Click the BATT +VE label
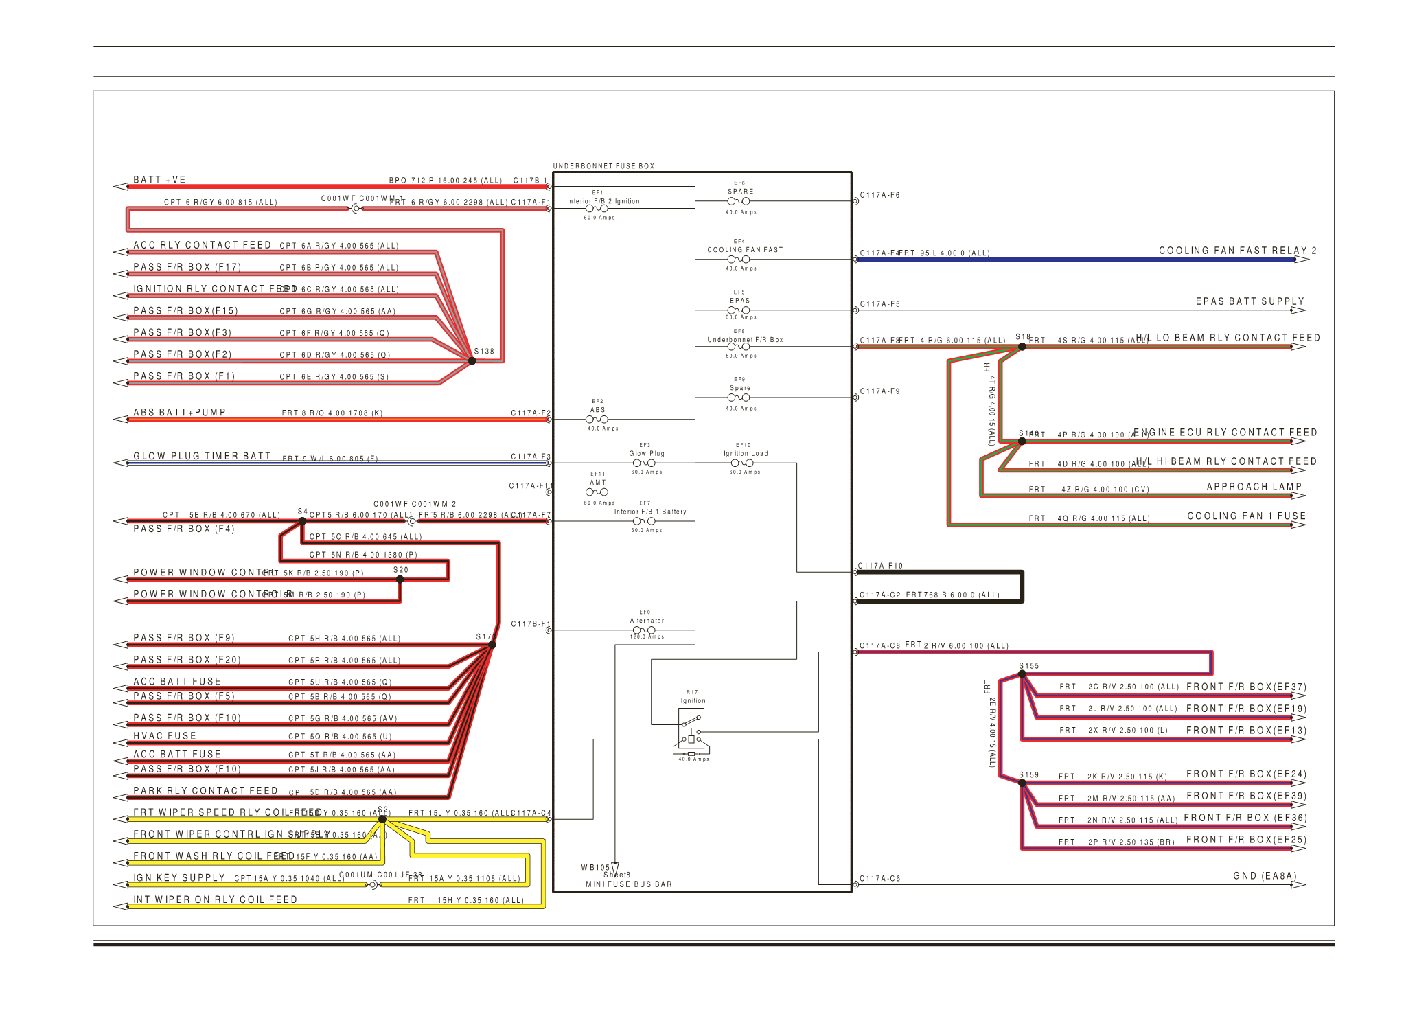pos(159,180)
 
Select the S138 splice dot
pos(472,360)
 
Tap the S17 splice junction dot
pos(492,645)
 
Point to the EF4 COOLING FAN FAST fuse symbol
pos(739,260)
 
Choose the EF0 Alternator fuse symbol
pos(644,630)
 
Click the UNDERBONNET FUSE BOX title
pos(603,166)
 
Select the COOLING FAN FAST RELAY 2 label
pos(1237,251)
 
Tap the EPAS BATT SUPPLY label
pos(1249,301)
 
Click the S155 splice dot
pos(1022,674)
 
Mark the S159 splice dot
pos(1022,783)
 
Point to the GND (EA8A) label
pos(1265,876)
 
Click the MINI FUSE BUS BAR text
pos(628,884)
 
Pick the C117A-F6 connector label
pos(879,195)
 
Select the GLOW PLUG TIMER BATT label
pos(202,456)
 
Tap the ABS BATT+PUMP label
pos(179,413)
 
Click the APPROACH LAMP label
pos(1254,487)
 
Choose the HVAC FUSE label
pos(165,736)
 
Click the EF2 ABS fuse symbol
pos(597,420)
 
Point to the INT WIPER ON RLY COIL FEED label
pos(215,899)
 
